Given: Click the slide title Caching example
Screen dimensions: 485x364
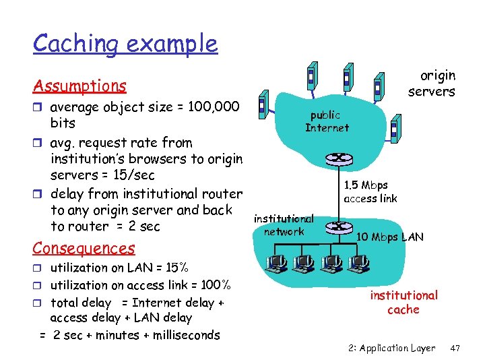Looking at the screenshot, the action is pyautogui.click(x=125, y=44).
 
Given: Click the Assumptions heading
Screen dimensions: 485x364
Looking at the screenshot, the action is pyautogui.click(x=79, y=86).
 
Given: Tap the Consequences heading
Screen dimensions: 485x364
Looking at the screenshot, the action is pyautogui.click(x=84, y=248).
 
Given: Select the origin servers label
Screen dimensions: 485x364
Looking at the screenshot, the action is pyautogui.click(x=432, y=84).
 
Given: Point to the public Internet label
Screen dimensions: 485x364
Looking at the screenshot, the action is pyautogui.click(x=327, y=121).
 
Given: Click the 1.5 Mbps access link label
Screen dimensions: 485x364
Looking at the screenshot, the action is pyautogui.click(x=370, y=191).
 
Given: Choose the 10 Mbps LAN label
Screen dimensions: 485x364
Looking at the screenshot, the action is pyautogui.click(x=390, y=237).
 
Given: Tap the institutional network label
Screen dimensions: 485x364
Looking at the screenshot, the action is pyautogui.click(x=284, y=225).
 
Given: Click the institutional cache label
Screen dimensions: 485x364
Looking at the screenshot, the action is pyautogui.click(x=403, y=303).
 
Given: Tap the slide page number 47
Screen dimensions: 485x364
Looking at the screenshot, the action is pyautogui.click(x=455, y=348).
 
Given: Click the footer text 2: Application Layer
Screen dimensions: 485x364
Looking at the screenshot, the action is pyautogui.click(x=392, y=348).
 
